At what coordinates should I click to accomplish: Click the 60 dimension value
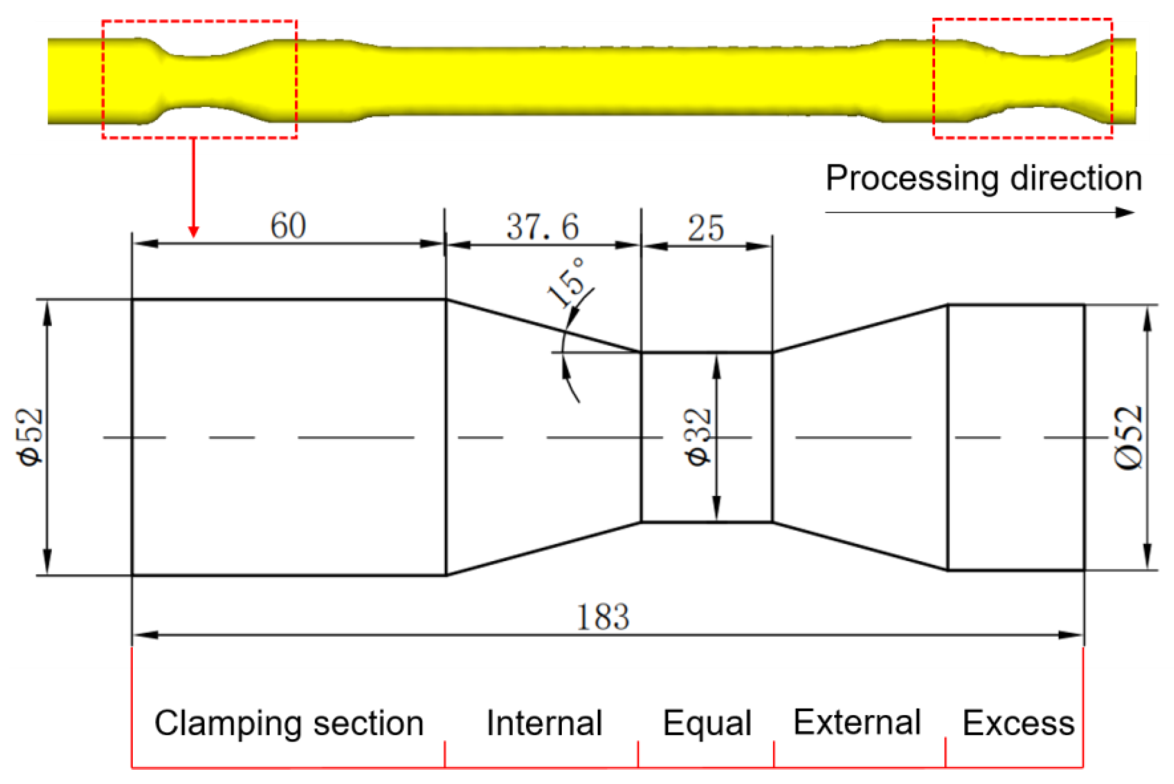[288, 226]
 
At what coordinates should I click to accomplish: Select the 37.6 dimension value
[543, 227]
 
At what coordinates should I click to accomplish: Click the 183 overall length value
[603, 618]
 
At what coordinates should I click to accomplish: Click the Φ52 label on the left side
[31, 438]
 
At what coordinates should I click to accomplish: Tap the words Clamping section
[289, 723]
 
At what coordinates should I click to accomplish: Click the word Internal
[544, 723]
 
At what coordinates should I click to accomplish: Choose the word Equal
[707, 723]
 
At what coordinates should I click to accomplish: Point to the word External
[857, 723]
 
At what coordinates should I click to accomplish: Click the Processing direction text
[984, 178]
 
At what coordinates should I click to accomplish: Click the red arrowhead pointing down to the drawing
[193, 232]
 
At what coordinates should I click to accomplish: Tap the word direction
[1076, 178]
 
